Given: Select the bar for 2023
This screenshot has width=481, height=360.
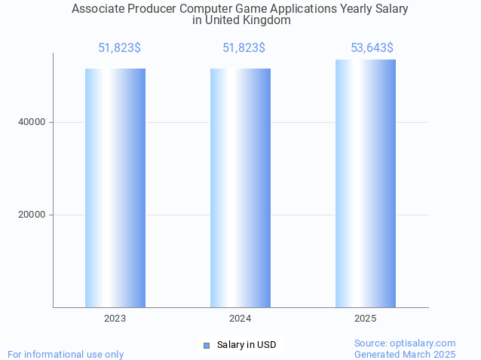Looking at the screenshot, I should pos(115,188).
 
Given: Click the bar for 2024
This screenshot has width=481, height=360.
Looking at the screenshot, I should pos(240,188).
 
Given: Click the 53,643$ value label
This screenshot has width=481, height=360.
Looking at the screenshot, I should pos(372,48).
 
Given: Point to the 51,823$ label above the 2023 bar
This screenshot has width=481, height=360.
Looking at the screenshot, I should pos(119,48).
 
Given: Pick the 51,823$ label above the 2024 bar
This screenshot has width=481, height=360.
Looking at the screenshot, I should pos(244,48).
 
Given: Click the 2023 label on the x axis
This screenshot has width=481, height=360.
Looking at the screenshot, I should pos(115,319).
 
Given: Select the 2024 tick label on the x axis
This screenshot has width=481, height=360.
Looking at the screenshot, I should pos(240,319).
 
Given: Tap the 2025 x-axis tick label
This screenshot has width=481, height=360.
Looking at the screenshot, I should pos(366,319).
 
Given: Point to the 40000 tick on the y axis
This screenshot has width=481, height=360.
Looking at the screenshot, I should pos(32,122).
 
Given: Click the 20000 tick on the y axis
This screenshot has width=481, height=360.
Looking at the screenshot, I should pos(32,215).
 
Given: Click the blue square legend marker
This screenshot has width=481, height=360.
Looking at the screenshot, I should pos(207,345).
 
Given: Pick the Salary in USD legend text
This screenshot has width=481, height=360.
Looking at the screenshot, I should pos(247,345).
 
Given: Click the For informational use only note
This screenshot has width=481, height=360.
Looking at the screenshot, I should pos(66,354).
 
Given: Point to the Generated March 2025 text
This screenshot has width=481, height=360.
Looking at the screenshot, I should pos(405,354).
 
